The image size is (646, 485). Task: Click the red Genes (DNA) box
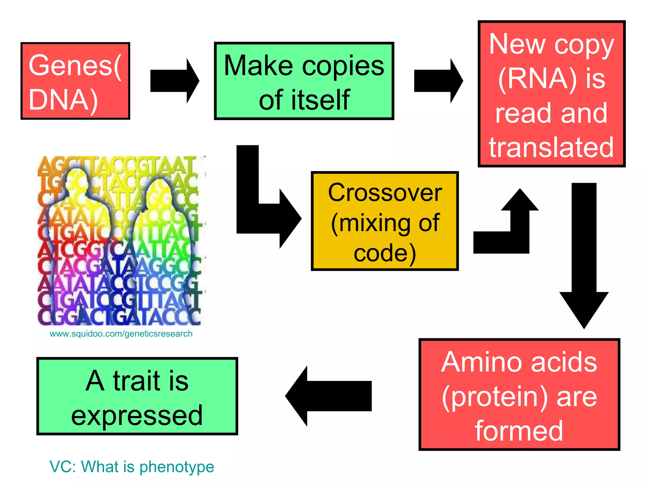(x=75, y=81)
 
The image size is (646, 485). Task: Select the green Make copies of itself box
(x=304, y=81)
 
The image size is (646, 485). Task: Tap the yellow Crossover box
(x=385, y=221)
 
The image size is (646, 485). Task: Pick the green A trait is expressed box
(x=137, y=396)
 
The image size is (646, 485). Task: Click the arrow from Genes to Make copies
(x=174, y=81)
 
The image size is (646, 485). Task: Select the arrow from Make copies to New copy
(x=438, y=81)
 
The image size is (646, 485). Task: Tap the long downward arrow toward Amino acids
(x=584, y=253)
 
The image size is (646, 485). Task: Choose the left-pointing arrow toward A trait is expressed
(x=328, y=396)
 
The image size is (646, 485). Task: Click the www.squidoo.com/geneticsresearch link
(x=121, y=334)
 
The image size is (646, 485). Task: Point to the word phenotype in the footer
(x=177, y=467)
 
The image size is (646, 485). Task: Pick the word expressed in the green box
(x=137, y=416)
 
